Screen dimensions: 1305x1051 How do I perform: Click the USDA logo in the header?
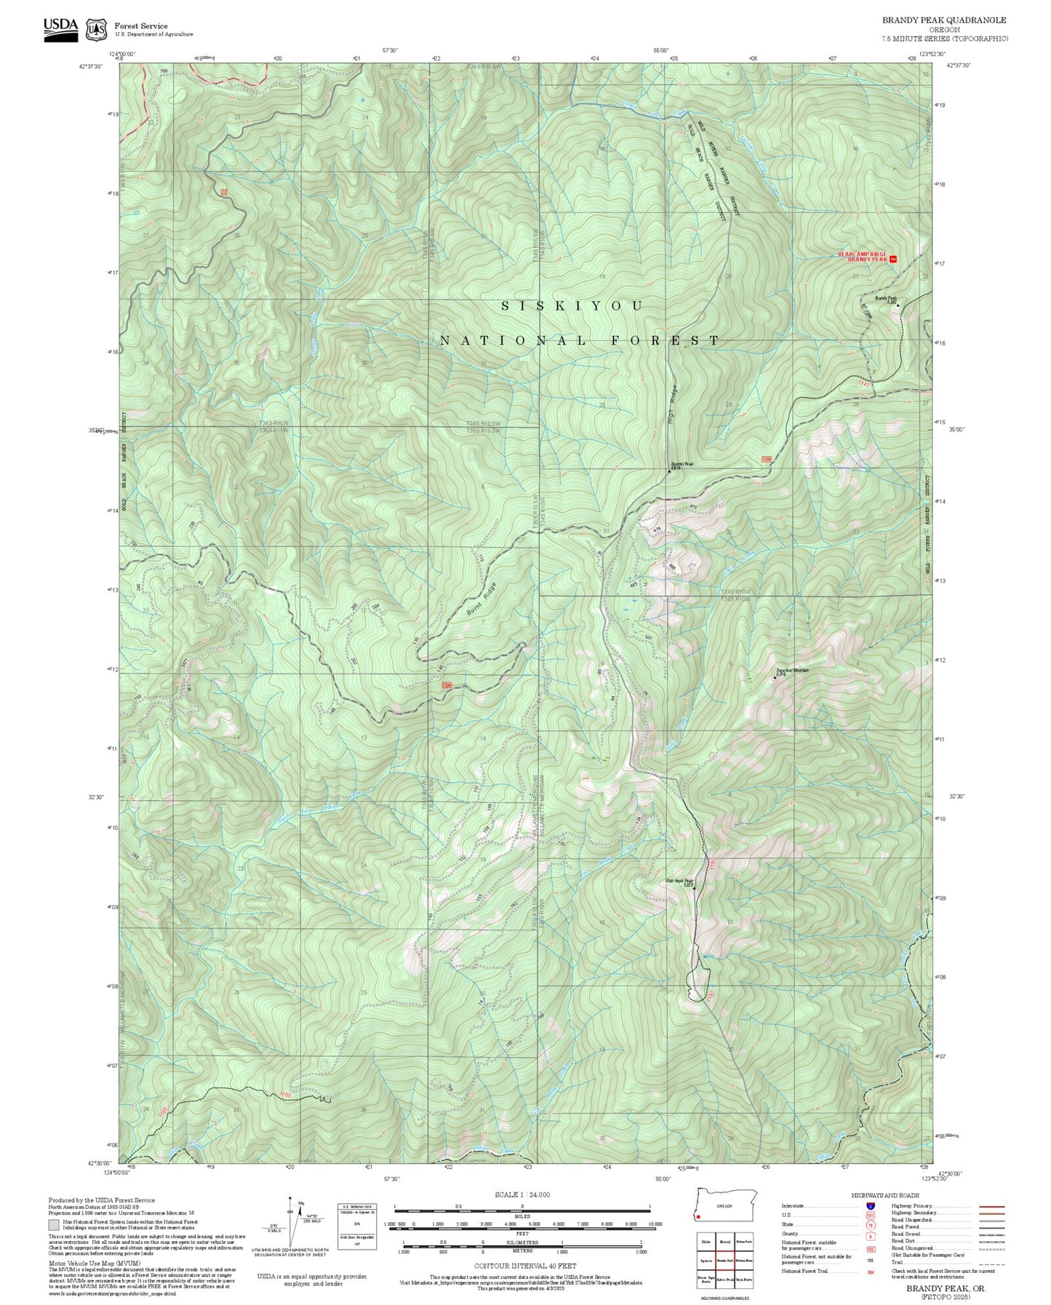60,26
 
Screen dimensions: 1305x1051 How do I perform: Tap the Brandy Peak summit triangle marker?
898,305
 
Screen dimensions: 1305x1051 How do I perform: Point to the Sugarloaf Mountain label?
792,670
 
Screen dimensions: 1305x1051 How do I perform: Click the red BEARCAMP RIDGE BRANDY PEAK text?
863,257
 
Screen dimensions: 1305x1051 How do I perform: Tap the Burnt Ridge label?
481,600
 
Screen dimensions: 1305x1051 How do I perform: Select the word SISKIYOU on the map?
572,306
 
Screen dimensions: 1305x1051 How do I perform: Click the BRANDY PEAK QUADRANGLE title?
944,20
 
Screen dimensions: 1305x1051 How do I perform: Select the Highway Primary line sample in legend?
992,1206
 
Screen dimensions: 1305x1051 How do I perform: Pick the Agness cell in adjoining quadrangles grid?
706,1261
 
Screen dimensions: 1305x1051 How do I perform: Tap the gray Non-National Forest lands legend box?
53,1224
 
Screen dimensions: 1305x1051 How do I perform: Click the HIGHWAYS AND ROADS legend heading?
885,1195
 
